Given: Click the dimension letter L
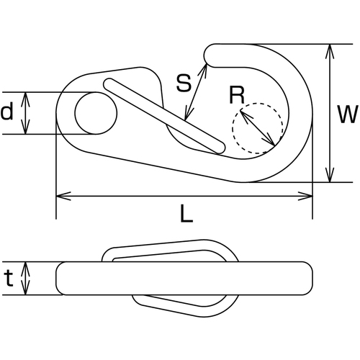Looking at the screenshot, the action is pyautogui.click(x=186, y=214).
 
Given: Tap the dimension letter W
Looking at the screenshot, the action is pyautogui.click(x=348, y=114).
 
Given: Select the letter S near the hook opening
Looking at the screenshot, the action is pyautogui.click(x=184, y=83).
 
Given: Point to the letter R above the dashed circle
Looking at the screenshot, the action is pyautogui.click(x=237, y=95).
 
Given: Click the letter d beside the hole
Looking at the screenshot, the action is pyautogui.click(x=6, y=111).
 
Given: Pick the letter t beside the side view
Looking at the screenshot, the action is pyautogui.click(x=9, y=278).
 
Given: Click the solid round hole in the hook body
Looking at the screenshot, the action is pyautogui.click(x=96, y=113).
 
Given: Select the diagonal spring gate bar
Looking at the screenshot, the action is pyautogui.click(x=164, y=116).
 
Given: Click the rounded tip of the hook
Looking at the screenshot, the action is pyautogui.click(x=208, y=55).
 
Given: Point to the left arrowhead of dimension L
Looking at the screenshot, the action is pyautogui.click(x=63, y=196).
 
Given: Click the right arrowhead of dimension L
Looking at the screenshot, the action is pyautogui.click(x=305, y=196).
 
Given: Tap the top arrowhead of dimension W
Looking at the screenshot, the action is pyautogui.click(x=330, y=51).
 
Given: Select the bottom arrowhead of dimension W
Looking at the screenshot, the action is pyautogui.click(x=330, y=175).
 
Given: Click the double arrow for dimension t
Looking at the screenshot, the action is pyautogui.click(x=25, y=279).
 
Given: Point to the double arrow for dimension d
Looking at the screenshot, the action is pyautogui.click(x=25, y=113).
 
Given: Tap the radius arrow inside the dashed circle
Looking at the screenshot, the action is pyautogui.click(x=257, y=127).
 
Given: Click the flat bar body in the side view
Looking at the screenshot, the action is pyautogui.click(x=184, y=279).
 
